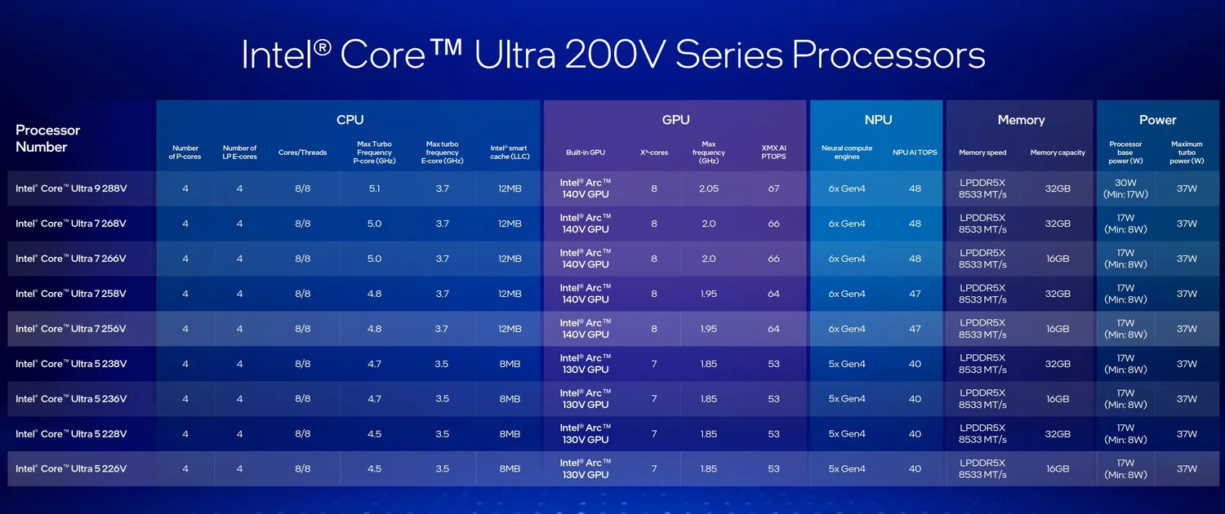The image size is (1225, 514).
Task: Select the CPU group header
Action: tap(350, 120)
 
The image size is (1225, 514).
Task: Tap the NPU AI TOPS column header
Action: tap(915, 153)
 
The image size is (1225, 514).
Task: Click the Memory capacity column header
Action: tap(1058, 153)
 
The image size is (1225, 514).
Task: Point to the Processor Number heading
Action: tap(47, 139)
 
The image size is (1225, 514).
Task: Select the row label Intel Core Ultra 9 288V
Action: tap(71, 188)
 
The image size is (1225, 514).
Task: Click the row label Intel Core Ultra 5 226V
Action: tap(71, 469)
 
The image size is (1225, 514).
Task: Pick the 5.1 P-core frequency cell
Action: tap(374, 188)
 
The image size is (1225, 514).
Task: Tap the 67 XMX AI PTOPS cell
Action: tap(773, 188)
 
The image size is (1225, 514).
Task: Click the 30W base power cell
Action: tap(1125, 188)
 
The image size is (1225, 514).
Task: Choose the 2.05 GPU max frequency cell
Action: tap(708, 188)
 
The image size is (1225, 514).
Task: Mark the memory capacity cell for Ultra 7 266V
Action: tap(1058, 259)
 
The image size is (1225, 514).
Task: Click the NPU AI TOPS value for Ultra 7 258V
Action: tap(915, 294)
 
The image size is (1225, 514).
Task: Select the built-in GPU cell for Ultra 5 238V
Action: tap(585, 364)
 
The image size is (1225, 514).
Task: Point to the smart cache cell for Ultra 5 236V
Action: tap(510, 399)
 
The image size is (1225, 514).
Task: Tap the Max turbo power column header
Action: tap(1187, 153)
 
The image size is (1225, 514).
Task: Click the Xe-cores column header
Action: tap(654, 153)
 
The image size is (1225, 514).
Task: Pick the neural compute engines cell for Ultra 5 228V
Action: tap(847, 434)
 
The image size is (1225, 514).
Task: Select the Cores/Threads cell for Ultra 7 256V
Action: tap(302, 329)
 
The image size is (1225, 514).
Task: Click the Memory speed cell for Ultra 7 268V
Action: tap(982, 224)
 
